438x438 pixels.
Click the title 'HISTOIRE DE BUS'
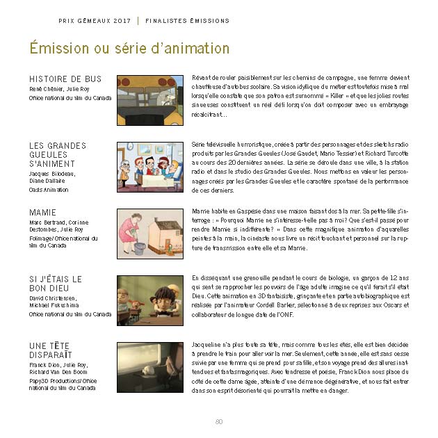pos(65,79)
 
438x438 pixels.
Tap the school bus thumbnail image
pos(150,100)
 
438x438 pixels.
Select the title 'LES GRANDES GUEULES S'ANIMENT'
pos(58,154)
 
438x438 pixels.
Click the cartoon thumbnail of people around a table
pos(150,167)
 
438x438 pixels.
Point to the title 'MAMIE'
pos(43,212)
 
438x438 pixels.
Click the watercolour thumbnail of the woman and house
pos(150,234)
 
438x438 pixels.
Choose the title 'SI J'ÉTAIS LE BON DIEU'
pos(56,283)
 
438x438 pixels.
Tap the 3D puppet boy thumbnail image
pos(150,300)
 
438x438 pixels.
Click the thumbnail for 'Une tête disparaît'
pos(150,367)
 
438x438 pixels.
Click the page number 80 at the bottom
pos(219,421)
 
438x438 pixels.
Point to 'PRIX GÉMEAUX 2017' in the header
pos(95,21)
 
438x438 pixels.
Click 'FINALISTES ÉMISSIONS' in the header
pos(188,21)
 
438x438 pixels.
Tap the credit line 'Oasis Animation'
pos(49,190)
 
